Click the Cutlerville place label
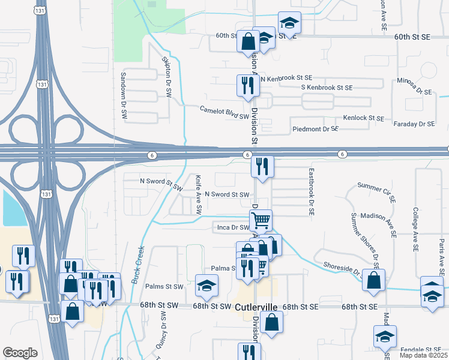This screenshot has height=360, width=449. point(256,307)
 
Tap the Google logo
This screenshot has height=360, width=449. point(20,352)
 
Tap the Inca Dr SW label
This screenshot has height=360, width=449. point(233,227)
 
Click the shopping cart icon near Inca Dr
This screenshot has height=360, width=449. point(261,220)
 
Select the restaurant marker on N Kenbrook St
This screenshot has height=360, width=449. point(247,85)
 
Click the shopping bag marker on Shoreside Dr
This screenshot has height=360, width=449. point(373,280)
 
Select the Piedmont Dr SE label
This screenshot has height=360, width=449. point(316,129)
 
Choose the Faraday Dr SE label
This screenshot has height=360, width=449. point(414,124)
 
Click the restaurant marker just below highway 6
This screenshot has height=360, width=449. point(262,166)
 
